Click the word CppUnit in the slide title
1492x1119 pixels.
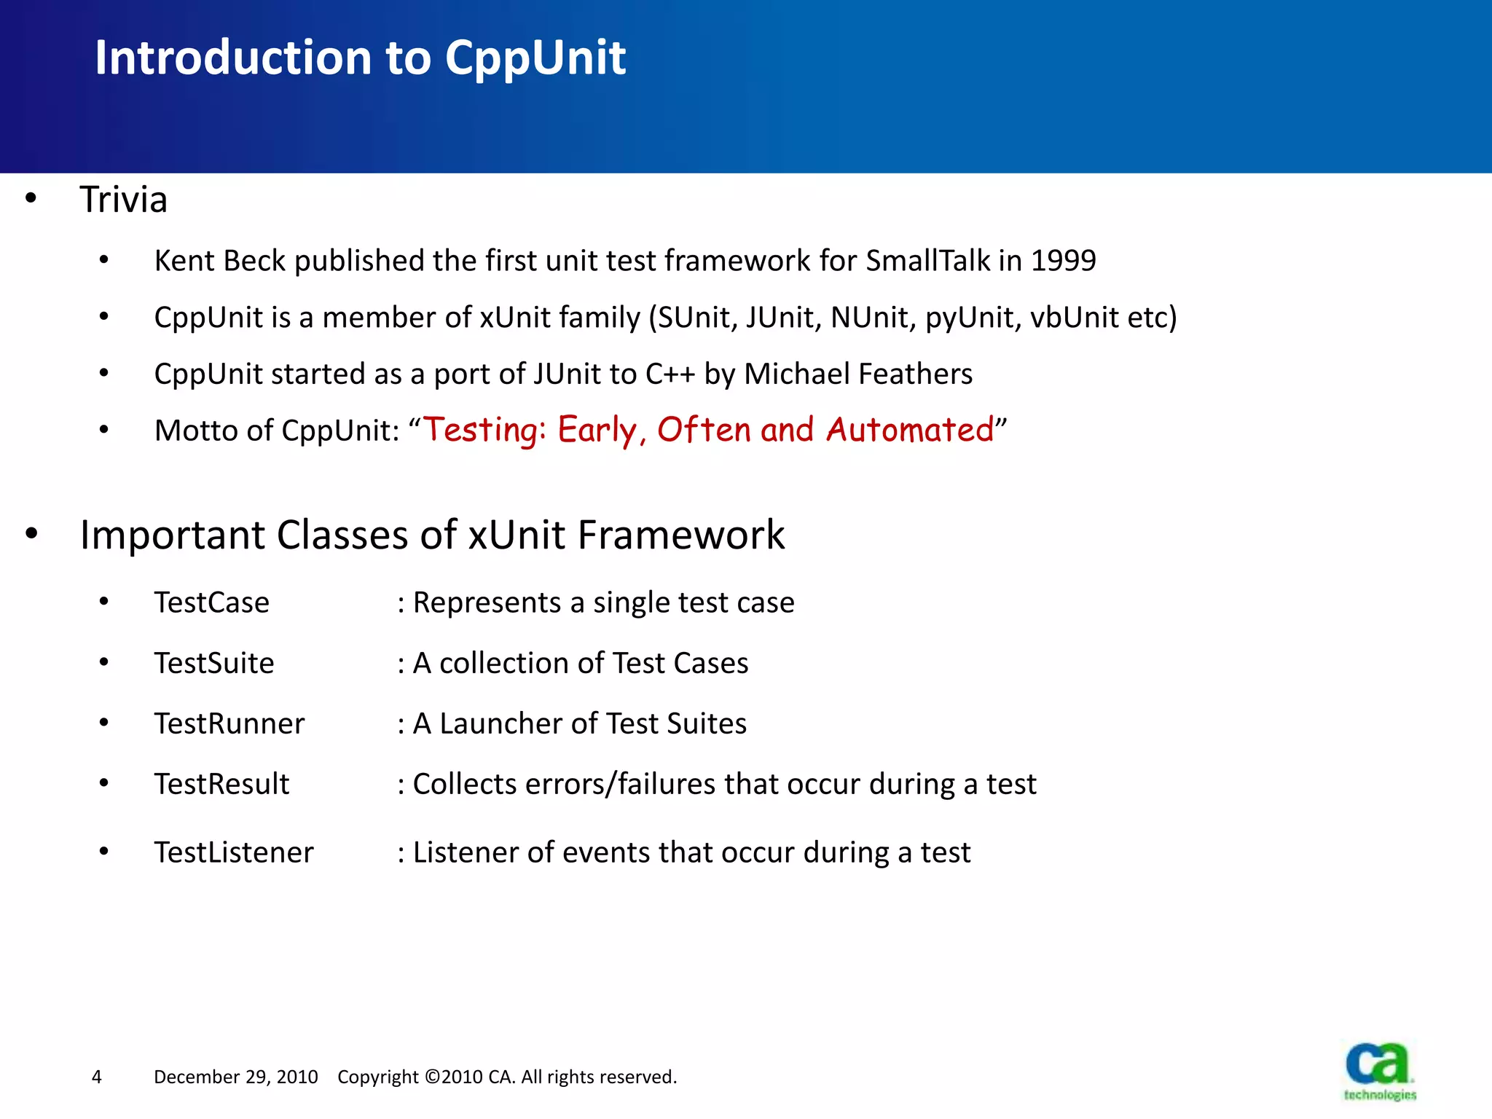pyautogui.click(x=535, y=58)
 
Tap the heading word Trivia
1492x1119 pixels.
pyautogui.click(x=123, y=200)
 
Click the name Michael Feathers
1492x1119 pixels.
pyautogui.click(x=857, y=374)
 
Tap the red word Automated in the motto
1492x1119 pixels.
pyautogui.click(x=909, y=430)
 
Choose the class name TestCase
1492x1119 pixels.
pyautogui.click(x=211, y=603)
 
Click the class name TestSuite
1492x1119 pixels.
pyautogui.click(x=213, y=664)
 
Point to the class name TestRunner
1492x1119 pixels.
pyautogui.click(x=229, y=724)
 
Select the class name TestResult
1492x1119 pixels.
pyautogui.click(x=221, y=785)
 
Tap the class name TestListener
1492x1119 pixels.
pyautogui.click(x=233, y=853)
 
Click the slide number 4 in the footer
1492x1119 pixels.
pyautogui.click(x=97, y=1077)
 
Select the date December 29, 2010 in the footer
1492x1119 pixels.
pyautogui.click(x=235, y=1077)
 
